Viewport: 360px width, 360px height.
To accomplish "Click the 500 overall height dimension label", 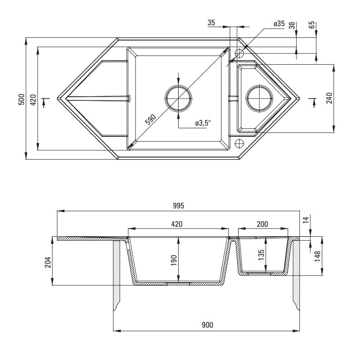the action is pos(21,99).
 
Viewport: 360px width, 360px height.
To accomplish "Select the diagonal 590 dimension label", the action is pos(151,119).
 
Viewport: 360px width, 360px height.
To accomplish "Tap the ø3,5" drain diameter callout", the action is pos(203,123).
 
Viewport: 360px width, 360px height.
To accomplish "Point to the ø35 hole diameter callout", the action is pos(279,23).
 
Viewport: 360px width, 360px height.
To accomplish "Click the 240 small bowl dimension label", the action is pos(329,98).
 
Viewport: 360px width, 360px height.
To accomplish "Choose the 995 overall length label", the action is pos(178,206).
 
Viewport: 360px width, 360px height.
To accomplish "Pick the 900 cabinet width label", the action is pos(207,325).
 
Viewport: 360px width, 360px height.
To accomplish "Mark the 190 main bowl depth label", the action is pos(174,260).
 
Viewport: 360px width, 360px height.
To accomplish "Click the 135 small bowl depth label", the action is pos(261,255).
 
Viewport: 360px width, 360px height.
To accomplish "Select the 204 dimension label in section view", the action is pos(48,262).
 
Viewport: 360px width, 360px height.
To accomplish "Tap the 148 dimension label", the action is pos(318,256).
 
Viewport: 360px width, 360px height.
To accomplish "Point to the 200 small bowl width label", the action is pos(262,224).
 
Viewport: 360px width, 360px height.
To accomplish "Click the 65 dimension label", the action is pos(312,25).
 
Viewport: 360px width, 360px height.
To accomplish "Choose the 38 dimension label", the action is pos(292,25).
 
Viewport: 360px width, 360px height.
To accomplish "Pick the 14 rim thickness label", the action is pos(306,220).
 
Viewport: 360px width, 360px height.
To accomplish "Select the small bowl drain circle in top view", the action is pos(260,98).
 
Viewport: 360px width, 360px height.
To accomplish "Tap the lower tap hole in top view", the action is pos(239,144).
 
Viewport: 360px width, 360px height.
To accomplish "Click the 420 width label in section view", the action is pos(176,224).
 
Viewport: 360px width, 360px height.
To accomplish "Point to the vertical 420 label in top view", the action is pos(33,99).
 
